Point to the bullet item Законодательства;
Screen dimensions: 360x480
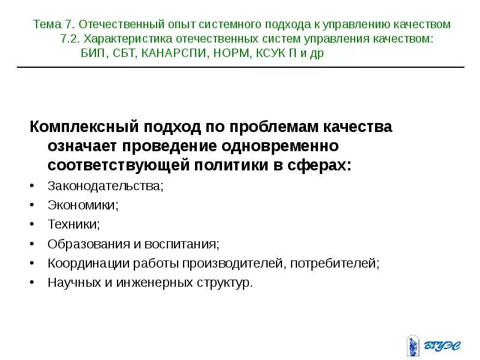point(105,186)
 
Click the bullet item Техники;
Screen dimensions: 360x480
point(74,224)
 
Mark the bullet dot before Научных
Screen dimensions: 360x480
point(32,283)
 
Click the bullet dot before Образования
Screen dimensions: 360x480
point(32,244)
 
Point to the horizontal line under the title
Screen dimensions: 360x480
point(240,67)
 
